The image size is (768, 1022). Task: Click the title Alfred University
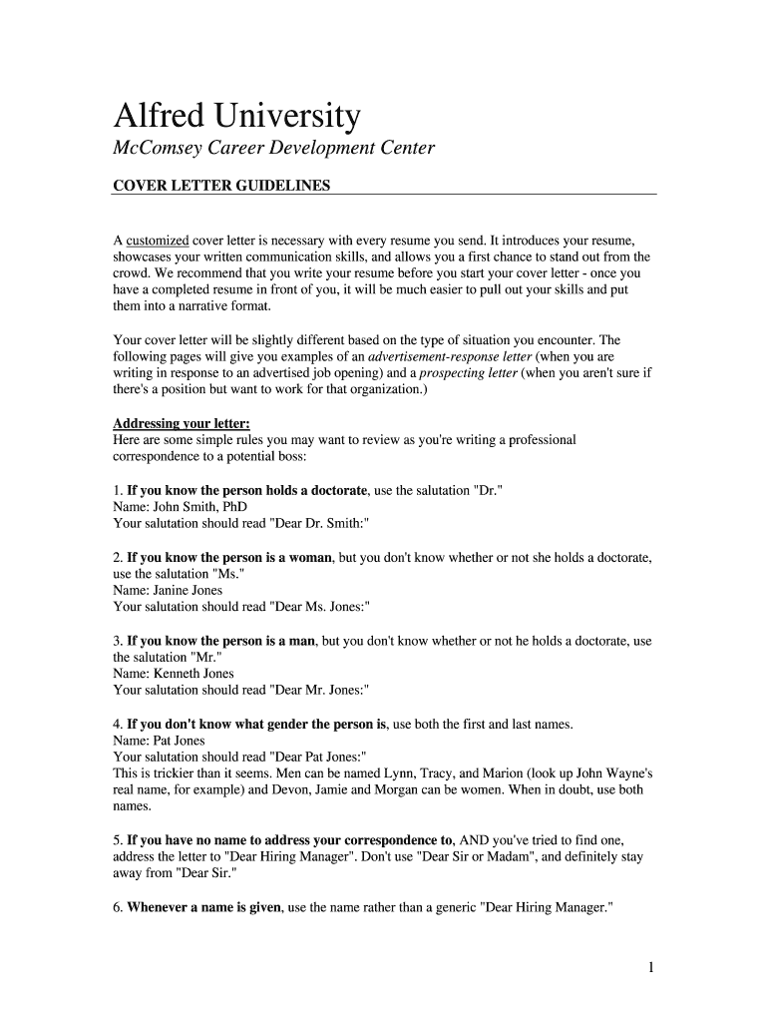(236, 117)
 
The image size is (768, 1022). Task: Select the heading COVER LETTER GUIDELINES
(221, 186)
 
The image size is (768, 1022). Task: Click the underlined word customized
(157, 241)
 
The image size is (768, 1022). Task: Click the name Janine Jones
(189, 590)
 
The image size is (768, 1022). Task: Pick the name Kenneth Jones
(193, 674)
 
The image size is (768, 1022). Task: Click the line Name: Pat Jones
(159, 741)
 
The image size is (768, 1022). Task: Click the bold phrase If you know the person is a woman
(229, 557)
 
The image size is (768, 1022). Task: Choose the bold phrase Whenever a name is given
(204, 907)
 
